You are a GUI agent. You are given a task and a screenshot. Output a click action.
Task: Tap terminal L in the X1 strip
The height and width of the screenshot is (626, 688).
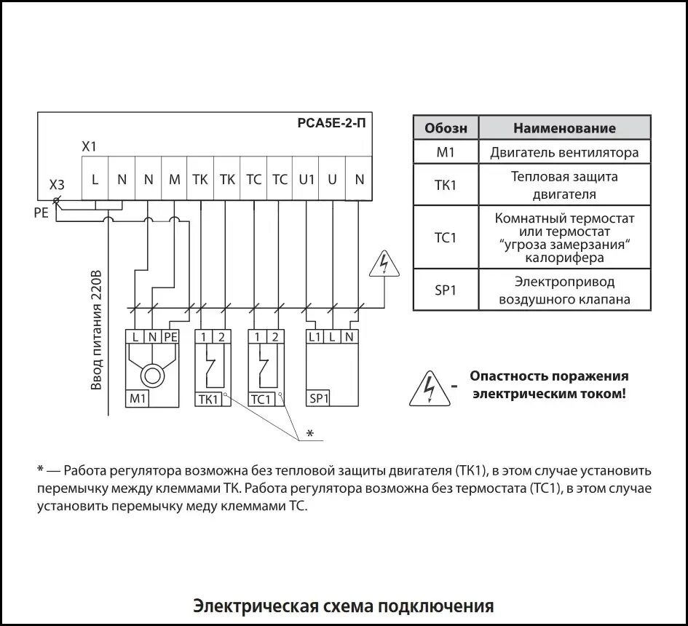(x=95, y=179)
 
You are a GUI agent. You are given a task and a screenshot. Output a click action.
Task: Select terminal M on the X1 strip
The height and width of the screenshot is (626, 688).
(x=174, y=179)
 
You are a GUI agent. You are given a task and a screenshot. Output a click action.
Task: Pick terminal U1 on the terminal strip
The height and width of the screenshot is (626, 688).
(x=307, y=179)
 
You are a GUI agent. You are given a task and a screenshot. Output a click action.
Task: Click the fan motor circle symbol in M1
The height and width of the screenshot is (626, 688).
(x=153, y=376)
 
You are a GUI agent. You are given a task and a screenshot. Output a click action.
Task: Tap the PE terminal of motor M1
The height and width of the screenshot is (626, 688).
(x=170, y=336)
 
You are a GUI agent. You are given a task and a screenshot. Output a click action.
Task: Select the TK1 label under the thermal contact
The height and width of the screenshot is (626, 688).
(x=208, y=399)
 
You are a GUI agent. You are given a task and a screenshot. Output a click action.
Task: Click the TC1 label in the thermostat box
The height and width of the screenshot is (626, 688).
(x=261, y=399)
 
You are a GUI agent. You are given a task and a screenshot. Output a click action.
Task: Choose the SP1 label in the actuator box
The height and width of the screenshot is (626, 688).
(x=319, y=398)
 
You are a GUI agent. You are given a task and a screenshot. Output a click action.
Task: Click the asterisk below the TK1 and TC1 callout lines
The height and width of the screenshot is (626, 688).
(x=309, y=434)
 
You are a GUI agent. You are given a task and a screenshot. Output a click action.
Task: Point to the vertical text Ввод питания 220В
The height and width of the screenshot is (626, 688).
(x=95, y=331)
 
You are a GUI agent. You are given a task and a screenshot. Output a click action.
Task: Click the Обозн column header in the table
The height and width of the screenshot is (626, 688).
(x=446, y=128)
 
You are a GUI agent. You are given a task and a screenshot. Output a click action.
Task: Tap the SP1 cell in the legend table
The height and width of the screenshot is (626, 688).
(x=446, y=290)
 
